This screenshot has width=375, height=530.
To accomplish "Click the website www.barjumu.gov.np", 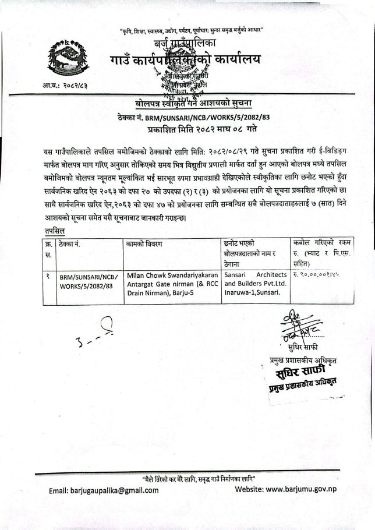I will (285, 490).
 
